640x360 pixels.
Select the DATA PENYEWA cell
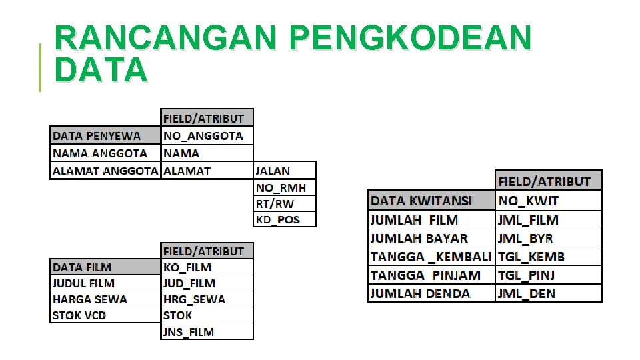pyautogui.click(x=105, y=136)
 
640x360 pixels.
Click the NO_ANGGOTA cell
pyautogui.click(x=207, y=136)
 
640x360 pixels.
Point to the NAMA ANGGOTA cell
pyautogui.click(x=105, y=153)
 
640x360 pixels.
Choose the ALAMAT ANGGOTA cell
pyautogui.click(x=105, y=171)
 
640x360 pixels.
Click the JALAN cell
pyautogui.click(x=284, y=171)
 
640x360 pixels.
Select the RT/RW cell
pyautogui.click(x=284, y=203)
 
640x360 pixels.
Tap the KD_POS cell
pyautogui.click(x=284, y=219)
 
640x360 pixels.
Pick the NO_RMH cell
pyautogui.click(x=284, y=187)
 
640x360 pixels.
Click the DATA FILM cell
pyautogui.click(x=105, y=267)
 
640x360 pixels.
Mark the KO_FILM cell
pyautogui.click(x=207, y=267)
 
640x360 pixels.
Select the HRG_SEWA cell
pyautogui.click(x=207, y=299)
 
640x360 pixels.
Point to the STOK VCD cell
pyautogui.click(x=105, y=315)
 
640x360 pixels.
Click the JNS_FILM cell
pyautogui.click(x=207, y=331)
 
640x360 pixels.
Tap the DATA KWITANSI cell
pyautogui.click(x=431, y=201)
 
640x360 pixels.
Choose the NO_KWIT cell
pyautogui.click(x=548, y=201)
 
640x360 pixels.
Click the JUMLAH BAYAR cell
pyautogui.click(x=431, y=238)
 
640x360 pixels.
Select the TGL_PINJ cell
pyautogui.click(x=548, y=275)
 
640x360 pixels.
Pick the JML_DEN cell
pyautogui.click(x=548, y=293)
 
